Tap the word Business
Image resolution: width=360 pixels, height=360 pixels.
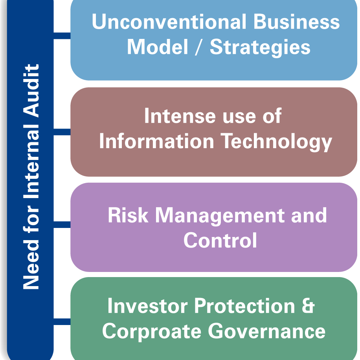tap(296, 22)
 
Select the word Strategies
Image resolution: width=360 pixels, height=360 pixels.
tap(260, 48)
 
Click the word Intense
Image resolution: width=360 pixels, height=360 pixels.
tap(180, 116)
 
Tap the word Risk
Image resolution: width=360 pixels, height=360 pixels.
tap(128, 215)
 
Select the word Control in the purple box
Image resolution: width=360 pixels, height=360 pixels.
tap(220, 240)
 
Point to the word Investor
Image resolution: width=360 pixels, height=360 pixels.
tap(148, 306)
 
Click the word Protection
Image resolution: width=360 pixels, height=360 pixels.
tap(245, 306)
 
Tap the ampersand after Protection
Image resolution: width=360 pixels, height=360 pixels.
tap(308, 306)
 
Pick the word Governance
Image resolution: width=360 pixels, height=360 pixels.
tap(266, 331)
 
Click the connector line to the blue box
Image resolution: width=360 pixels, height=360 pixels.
tap(62, 36)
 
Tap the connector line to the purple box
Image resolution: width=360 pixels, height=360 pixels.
tap(62, 224)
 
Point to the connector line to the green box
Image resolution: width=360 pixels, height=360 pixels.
tap(62, 321)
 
